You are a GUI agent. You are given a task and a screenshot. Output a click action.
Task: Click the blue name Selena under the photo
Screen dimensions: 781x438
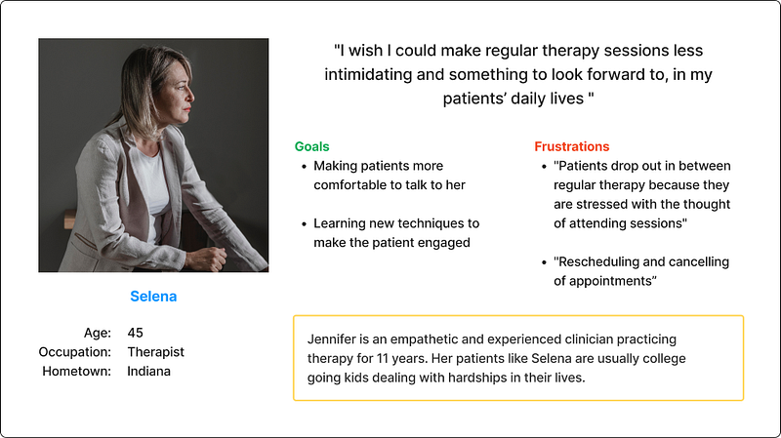(153, 297)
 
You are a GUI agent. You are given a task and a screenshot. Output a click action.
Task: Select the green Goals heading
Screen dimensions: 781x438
(311, 146)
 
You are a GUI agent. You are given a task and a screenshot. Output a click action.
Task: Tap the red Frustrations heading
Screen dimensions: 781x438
(572, 146)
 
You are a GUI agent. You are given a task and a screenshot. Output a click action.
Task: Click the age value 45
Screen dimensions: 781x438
(135, 333)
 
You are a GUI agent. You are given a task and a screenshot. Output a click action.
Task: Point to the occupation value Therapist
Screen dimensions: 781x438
(155, 352)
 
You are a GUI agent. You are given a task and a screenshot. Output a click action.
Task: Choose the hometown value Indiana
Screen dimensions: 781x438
(148, 371)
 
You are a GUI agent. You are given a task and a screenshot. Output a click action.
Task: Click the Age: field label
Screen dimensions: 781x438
(97, 333)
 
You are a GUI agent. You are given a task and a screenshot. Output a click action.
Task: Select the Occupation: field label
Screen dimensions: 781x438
(75, 352)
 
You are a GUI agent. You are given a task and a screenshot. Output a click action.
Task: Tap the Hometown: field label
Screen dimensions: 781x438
(77, 371)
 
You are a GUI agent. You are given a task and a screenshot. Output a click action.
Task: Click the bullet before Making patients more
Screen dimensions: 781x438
(304, 167)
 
